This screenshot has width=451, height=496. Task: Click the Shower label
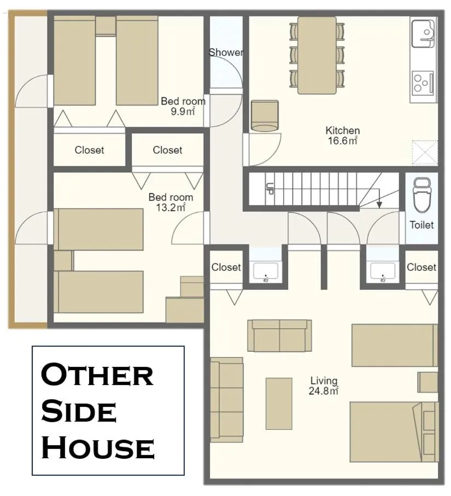point(226,52)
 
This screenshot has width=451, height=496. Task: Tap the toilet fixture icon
point(421,195)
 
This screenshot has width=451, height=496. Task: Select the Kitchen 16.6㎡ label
point(342,135)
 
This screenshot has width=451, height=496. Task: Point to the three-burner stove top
point(423,83)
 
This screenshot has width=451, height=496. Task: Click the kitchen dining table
point(317,54)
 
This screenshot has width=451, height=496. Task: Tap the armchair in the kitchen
point(265,116)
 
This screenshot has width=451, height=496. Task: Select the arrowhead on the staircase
point(379,205)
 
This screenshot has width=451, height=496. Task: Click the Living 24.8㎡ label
point(324,385)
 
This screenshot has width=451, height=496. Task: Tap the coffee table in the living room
point(279,403)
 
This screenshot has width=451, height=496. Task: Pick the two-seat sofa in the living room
point(279,335)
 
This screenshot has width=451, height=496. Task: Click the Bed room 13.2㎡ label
point(171,202)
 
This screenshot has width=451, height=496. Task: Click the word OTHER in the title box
point(97,375)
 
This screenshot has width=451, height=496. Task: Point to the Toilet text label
point(421,225)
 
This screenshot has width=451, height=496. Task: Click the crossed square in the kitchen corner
point(424,153)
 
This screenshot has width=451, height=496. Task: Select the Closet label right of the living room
point(421,267)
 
